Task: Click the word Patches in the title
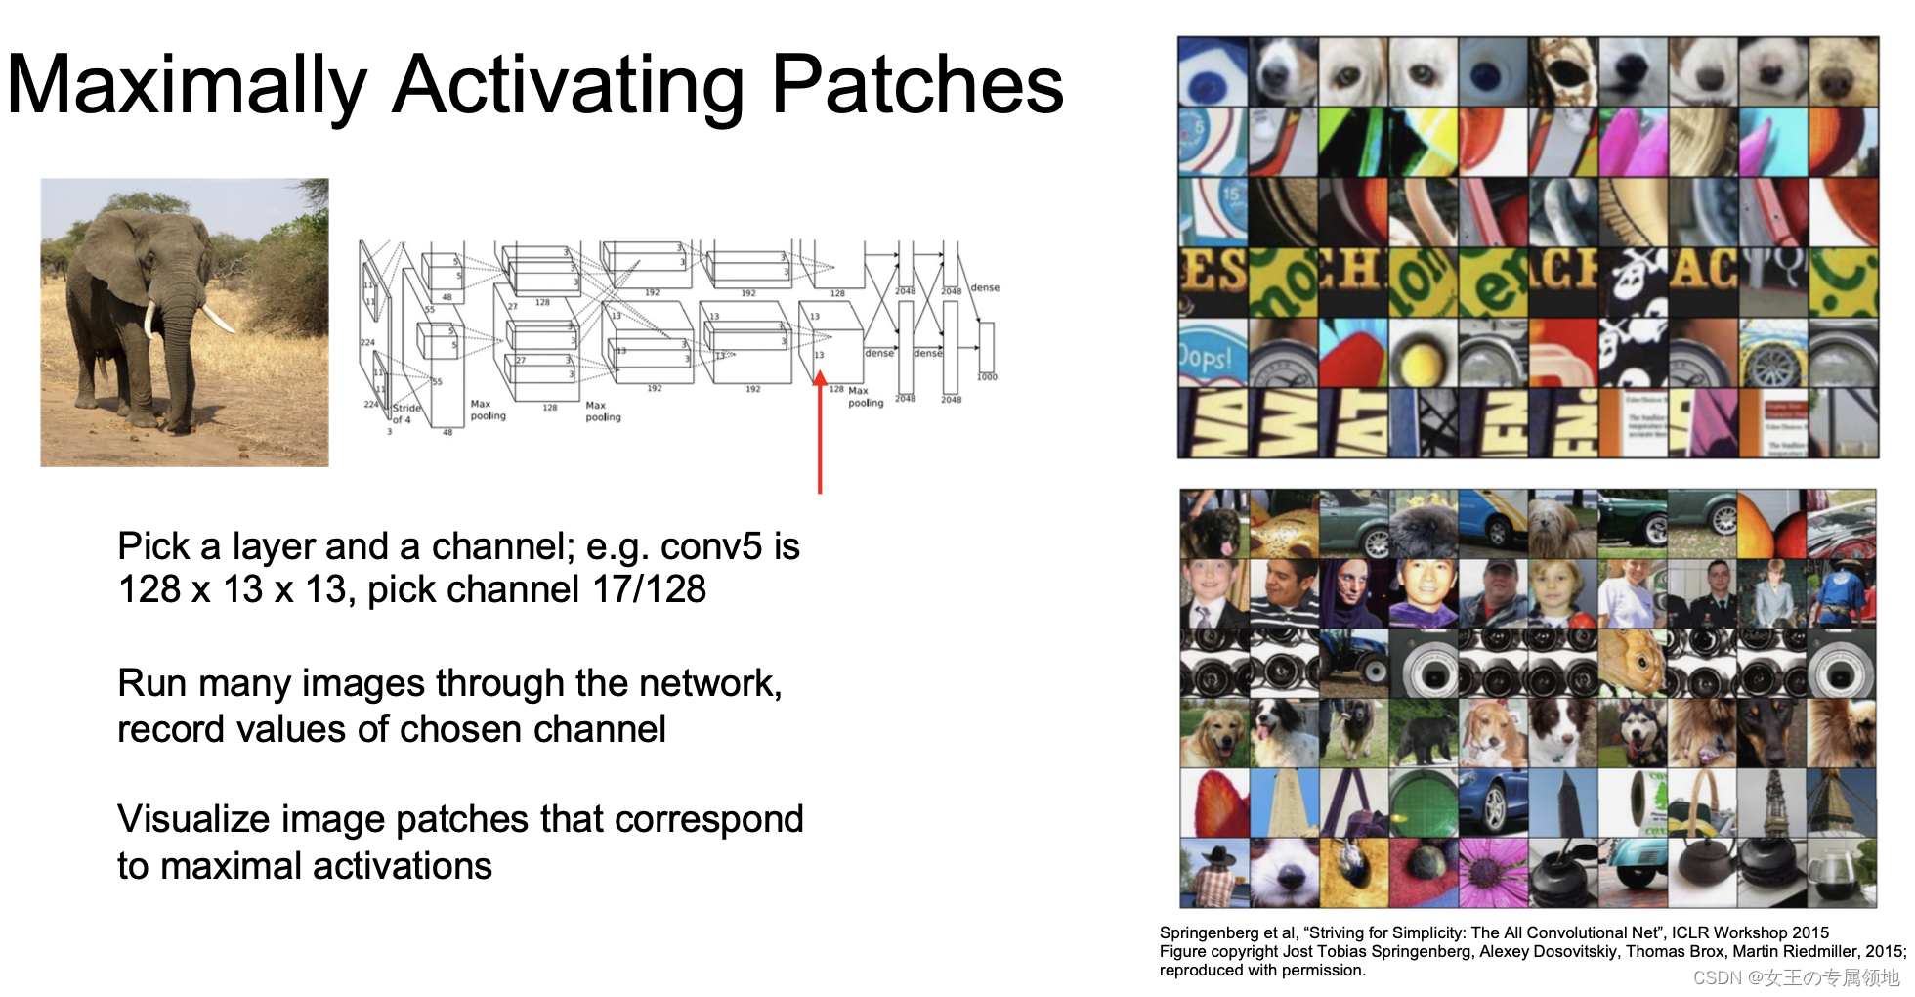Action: [x=916, y=86]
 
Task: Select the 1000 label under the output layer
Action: [x=987, y=376]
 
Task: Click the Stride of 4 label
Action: [x=406, y=413]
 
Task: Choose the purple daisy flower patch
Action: [x=1492, y=871]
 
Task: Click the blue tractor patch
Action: [x=1353, y=662]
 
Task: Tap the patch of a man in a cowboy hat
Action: [x=1214, y=873]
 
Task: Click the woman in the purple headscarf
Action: [x=1353, y=591]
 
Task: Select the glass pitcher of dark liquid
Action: [x=1840, y=873]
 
